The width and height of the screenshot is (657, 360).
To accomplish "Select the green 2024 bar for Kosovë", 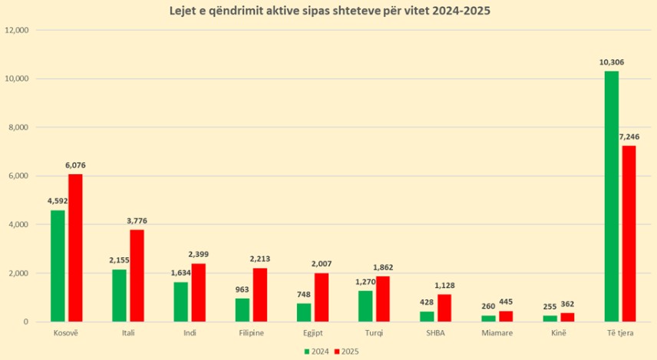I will tap(58, 266).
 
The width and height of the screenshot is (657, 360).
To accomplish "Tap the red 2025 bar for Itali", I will tap(137, 276).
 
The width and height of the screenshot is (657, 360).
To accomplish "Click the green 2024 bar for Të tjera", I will tap(612, 197).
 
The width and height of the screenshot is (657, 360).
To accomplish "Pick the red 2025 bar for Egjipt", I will tap(322, 297).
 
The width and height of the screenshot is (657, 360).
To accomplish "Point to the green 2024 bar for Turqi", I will tap(365, 306).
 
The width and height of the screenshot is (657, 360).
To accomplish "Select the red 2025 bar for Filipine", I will tap(259, 295).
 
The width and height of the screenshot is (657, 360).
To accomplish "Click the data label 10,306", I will tap(612, 62).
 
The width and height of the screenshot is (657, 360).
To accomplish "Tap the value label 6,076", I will tap(76, 166).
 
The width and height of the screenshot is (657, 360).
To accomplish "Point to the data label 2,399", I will tap(198, 255).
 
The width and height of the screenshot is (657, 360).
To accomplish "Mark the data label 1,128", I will tap(445, 286).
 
